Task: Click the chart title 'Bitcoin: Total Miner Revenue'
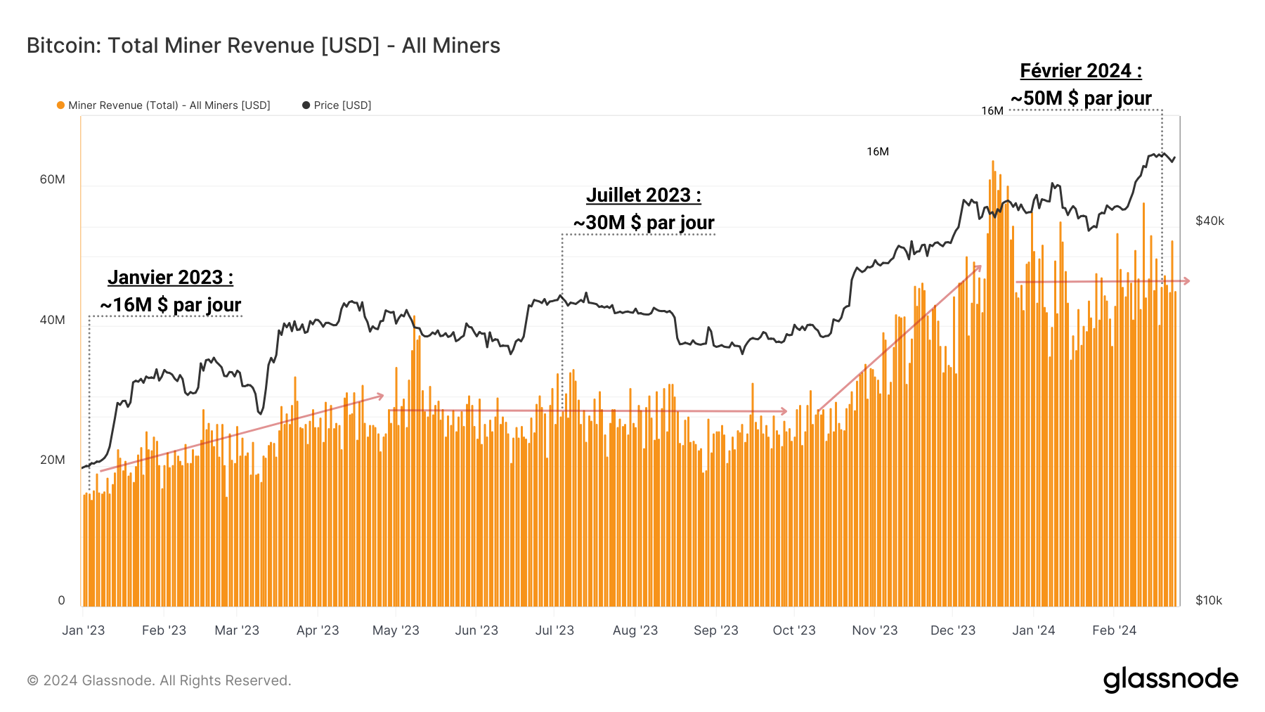click(263, 46)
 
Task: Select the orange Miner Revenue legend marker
click(60, 105)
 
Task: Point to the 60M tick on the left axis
click(52, 179)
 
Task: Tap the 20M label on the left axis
click(52, 460)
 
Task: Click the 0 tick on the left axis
click(61, 600)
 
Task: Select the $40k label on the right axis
click(1209, 221)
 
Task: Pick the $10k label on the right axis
click(1209, 600)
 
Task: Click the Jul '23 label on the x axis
click(554, 630)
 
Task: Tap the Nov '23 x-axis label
click(874, 630)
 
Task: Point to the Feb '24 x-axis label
click(1114, 630)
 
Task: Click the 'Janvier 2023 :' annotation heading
click(170, 278)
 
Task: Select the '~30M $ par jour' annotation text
click(644, 223)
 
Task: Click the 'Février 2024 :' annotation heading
click(1081, 71)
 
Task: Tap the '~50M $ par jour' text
click(1081, 98)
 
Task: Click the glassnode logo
click(1170, 680)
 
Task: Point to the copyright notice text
click(159, 680)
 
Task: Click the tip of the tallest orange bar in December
click(993, 162)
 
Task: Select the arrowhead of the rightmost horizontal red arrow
click(1187, 281)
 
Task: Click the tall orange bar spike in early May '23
click(414, 318)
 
